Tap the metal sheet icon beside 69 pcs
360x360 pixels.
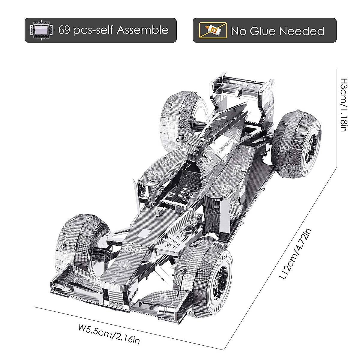tap(41, 30)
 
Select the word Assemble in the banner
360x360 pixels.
tap(142, 30)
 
